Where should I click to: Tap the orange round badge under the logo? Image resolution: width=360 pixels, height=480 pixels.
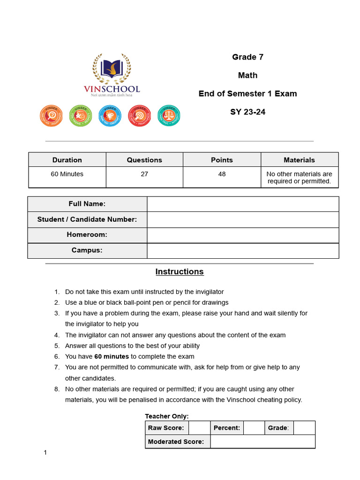(51, 115)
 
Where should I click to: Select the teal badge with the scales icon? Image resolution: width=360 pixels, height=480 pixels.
(168, 115)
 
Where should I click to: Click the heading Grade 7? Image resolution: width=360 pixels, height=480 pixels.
(247, 57)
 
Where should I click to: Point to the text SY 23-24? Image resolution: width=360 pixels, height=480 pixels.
(247, 112)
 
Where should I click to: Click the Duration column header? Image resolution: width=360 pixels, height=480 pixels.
(67, 160)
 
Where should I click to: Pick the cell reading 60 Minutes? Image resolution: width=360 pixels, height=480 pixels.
(67, 174)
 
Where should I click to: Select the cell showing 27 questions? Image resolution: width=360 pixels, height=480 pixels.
(144, 174)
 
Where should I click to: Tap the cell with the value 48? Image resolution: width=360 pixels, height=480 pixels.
(222, 174)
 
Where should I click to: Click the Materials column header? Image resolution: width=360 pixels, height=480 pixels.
(299, 160)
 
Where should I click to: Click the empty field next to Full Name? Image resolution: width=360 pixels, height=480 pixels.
(242, 204)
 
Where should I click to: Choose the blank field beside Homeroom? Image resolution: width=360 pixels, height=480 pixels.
(242, 235)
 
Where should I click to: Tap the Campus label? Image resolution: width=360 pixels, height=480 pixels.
(87, 250)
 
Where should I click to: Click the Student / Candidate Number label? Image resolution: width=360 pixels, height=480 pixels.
(87, 219)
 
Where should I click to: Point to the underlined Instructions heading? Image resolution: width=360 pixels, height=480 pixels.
(180, 272)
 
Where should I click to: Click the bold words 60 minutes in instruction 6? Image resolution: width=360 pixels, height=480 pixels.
(112, 357)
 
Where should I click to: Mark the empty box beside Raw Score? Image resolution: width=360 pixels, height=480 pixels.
(199, 428)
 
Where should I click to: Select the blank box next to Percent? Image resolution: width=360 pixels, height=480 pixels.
(254, 428)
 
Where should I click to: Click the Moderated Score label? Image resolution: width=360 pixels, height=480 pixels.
(176, 442)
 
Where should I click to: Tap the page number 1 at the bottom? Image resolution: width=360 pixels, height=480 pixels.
(45, 452)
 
